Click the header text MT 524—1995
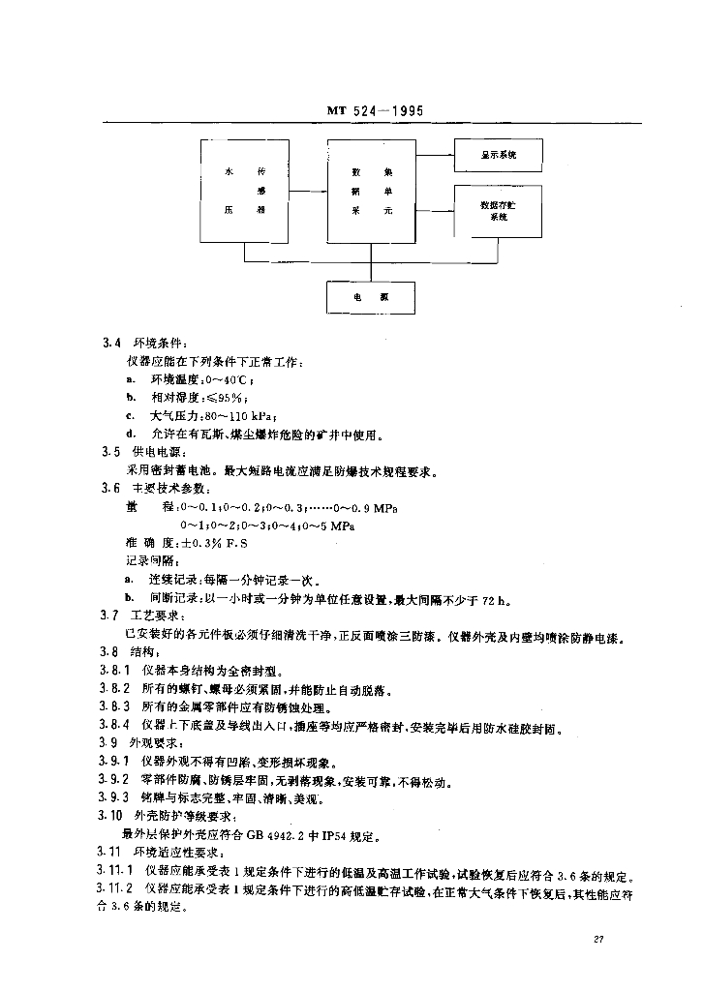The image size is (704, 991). tap(371, 110)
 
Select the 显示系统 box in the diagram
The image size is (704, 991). tap(498, 155)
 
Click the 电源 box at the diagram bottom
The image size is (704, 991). tap(371, 296)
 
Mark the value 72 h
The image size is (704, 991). tap(491, 600)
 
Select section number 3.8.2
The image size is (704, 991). tap(115, 691)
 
